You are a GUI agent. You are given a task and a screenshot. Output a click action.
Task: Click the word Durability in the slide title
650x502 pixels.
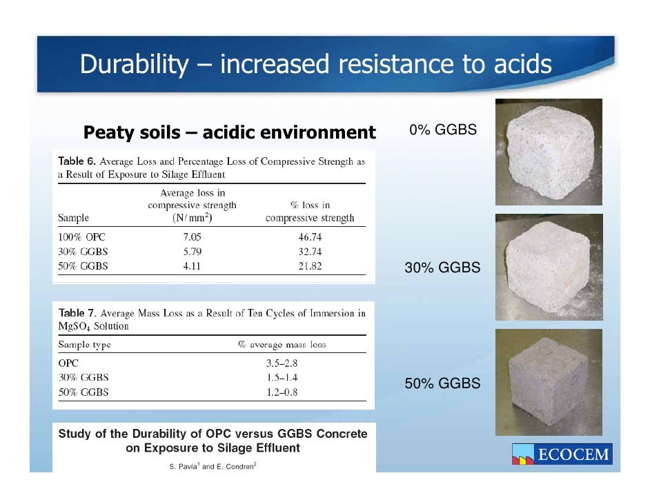133,65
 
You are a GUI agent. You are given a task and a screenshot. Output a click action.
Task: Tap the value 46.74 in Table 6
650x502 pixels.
310,237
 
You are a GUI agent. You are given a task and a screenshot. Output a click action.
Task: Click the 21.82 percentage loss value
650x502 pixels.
310,265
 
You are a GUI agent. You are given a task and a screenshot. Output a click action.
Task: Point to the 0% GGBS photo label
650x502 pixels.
442,130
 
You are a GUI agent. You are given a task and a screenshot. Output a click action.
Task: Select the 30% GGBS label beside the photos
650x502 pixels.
442,268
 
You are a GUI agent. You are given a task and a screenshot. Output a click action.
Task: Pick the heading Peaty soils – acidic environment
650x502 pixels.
229,132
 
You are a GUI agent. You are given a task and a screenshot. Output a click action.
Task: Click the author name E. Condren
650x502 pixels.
235,467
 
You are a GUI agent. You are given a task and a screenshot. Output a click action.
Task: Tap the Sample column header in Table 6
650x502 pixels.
74,218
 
